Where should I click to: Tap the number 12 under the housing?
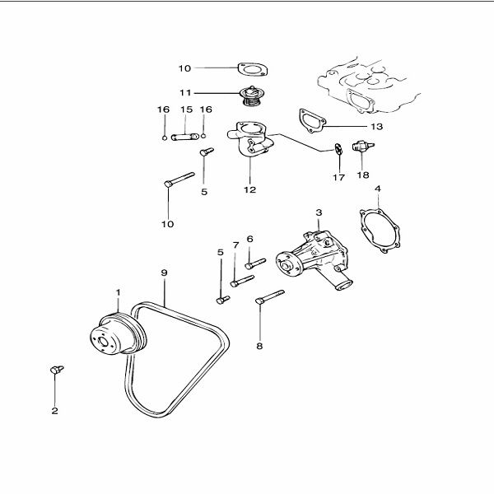(x=249, y=189)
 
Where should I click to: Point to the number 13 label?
(x=378, y=128)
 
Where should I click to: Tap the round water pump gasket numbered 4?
(x=380, y=232)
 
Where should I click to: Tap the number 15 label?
(x=186, y=110)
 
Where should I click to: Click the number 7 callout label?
(x=235, y=245)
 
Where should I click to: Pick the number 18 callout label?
(x=363, y=175)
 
